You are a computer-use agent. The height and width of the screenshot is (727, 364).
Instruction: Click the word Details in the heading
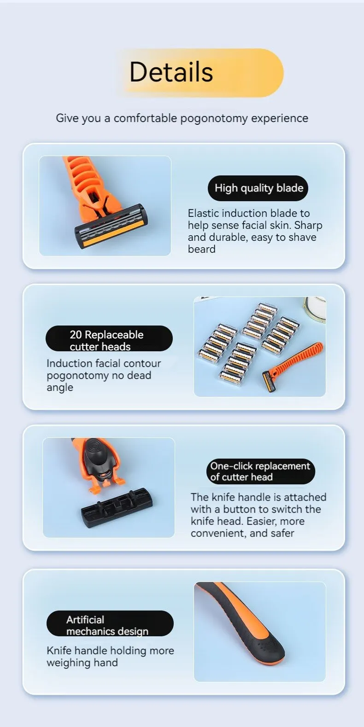[x=171, y=72]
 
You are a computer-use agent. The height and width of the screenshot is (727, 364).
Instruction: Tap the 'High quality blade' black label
[x=258, y=188]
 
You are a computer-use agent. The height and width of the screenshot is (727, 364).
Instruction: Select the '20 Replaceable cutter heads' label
[x=109, y=338]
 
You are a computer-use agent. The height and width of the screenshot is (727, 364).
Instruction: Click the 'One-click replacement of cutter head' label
[x=261, y=471]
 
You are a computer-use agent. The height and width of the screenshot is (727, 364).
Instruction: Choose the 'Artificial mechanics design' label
[x=110, y=623]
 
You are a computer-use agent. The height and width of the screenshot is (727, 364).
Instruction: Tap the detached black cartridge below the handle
[x=117, y=507]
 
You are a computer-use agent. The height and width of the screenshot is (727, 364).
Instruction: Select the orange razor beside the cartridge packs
[x=293, y=367]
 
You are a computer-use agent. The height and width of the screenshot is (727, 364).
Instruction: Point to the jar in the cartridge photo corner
[x=314, y=308]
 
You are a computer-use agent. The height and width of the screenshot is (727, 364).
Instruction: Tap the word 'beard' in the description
[x=202, y=249]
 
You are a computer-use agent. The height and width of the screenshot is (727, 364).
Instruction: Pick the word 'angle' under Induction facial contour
[x=60, y=388]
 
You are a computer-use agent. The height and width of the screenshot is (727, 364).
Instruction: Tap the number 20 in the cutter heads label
[x=76, y=335]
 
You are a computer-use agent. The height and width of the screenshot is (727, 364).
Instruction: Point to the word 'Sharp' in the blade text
[x=308, y=226]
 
